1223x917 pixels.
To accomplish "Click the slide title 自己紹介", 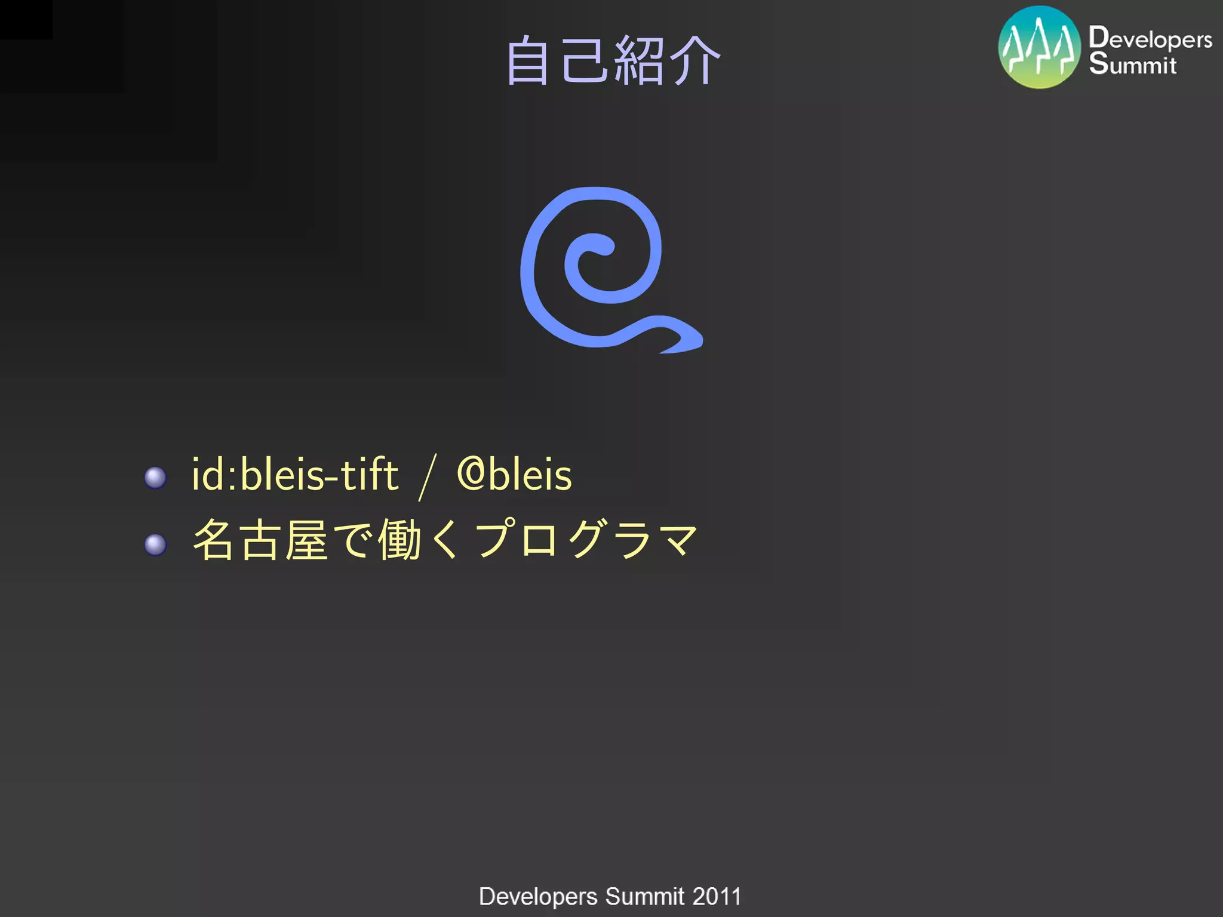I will click(x=613, y=60).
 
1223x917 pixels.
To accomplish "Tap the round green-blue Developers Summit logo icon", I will click(x=1039, y=47).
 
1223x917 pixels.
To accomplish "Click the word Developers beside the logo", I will click(x=1150, y=39).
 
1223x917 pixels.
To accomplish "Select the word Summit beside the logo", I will click(x=1132, y=64).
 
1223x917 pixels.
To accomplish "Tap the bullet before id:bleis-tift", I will click(x=155, y=478).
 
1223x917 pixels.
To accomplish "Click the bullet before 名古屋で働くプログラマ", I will click(x=155, y=544).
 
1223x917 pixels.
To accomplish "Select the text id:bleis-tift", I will click(x=294, y=475).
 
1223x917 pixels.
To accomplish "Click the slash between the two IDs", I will click(x=428, y=476).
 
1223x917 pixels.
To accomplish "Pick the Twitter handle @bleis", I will click(x=514, y=475).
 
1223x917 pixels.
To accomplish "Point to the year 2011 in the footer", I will click(x=717, y=897).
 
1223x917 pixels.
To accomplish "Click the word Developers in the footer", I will click(x=538, y=897).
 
